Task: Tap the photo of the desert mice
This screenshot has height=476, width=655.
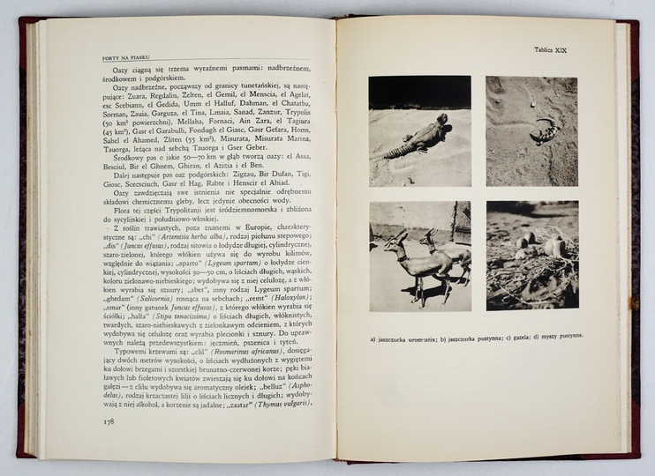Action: click(x=532, y=256)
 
